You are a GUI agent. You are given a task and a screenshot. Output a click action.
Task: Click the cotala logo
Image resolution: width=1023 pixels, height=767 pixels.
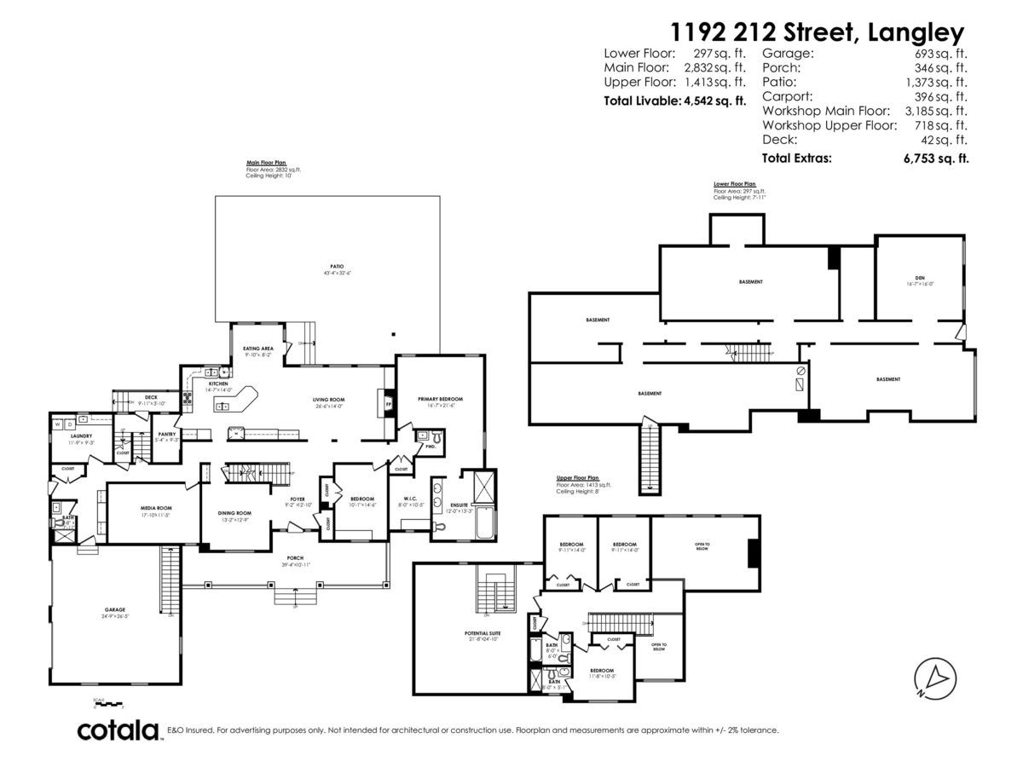(118, 730)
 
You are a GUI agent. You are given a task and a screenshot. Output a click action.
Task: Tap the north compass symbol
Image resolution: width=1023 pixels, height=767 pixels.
(933, 678)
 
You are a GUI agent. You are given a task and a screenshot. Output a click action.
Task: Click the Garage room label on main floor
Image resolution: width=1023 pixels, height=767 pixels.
(116, 610)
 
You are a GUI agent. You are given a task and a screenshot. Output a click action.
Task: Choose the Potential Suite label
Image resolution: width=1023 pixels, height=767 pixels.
(482, 635)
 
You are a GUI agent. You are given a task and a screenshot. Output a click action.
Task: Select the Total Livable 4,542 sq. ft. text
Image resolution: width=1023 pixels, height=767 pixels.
(674, 101)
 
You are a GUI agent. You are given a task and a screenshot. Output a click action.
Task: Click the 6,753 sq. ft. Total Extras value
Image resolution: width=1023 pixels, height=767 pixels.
(935, 158)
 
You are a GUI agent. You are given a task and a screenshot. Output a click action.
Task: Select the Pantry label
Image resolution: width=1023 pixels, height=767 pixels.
(166, 435)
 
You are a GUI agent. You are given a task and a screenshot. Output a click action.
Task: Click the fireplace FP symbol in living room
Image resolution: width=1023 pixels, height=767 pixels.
(388, 403)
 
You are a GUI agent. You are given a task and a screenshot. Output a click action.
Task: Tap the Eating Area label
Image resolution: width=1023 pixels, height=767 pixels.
(257, 349)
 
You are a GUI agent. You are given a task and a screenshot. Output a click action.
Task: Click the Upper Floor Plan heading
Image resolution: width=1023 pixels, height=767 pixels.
(577, 479)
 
